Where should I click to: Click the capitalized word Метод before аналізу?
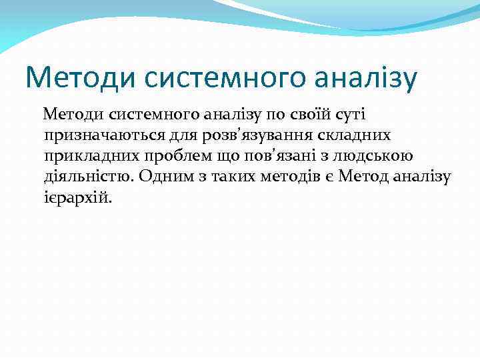click(x=362, y=177)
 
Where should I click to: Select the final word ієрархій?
click(x=75, y=197)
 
